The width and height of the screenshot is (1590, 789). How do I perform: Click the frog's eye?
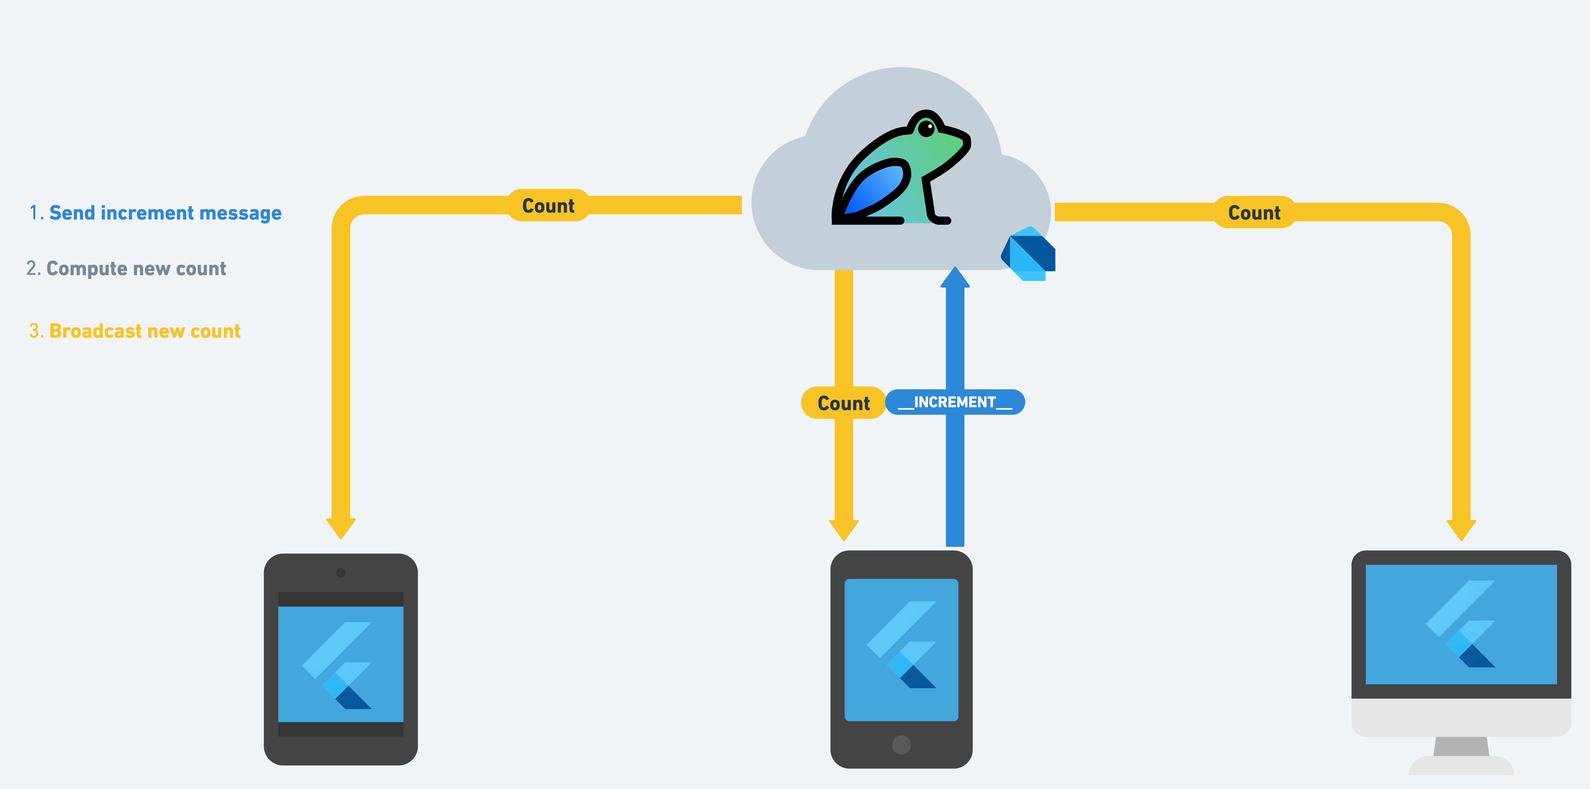926,128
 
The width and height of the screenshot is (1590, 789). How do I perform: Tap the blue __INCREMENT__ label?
955,402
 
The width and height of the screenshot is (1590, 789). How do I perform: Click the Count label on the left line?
548,206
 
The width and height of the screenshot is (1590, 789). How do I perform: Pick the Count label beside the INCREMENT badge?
843,403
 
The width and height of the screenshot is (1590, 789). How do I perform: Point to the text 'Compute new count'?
136,269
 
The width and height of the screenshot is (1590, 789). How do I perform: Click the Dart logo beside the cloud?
1029,254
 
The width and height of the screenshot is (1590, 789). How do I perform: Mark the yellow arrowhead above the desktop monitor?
1461,529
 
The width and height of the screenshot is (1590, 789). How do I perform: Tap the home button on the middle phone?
901,745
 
